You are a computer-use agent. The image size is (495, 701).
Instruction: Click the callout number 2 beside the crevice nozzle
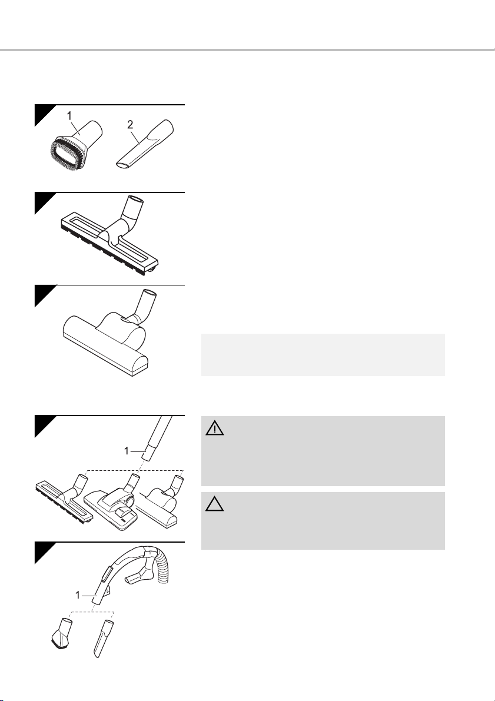coord(130,125)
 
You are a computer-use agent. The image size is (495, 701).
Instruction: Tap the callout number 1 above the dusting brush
coord(69,116)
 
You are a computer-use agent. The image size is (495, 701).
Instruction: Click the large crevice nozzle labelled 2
coord(144,144)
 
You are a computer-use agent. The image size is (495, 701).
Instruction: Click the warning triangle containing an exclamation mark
coord(215,428)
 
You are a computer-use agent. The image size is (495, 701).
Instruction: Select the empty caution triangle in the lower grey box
coord(215,504)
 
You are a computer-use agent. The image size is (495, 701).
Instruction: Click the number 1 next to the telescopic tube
coord(127,451)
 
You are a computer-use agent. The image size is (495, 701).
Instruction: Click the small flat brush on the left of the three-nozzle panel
coord(64,499)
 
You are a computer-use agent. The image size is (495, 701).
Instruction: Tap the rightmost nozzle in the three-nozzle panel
coord(160,504)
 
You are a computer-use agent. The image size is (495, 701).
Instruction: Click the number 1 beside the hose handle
coord(78,595)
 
